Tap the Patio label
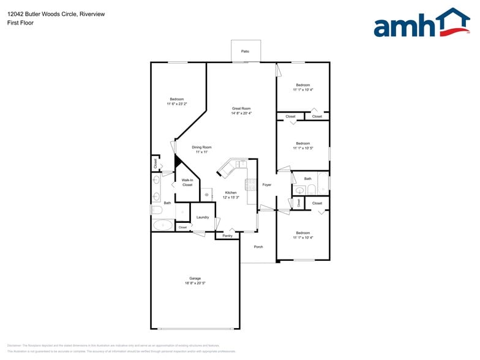coord(245,51)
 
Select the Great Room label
coord(241,108)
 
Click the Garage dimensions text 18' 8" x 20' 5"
coord(195,283)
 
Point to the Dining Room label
coord(201,147)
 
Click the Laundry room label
coord(203,217)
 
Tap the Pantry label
coord(227,236)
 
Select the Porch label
coord(258,247)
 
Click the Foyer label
coord(267,184)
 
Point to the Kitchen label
coord(231,192)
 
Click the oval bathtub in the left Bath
coord(163,225)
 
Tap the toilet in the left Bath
coord(156,210)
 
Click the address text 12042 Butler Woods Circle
coord(42,14)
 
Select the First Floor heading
coord(20,23)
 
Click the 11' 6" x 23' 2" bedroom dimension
coord(177,104)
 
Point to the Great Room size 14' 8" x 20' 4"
coord(241,113)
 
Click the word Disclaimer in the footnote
coord(14,346)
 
